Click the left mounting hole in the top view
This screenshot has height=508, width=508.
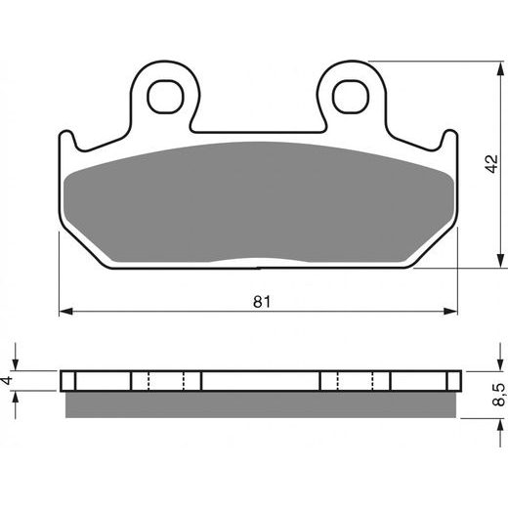pyautogui.click(x=166, y=94)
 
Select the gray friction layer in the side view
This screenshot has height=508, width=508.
pyautogui.click(x=259, y=402)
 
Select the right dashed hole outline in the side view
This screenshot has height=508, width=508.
pyautogui.click(x=355, y=380)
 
